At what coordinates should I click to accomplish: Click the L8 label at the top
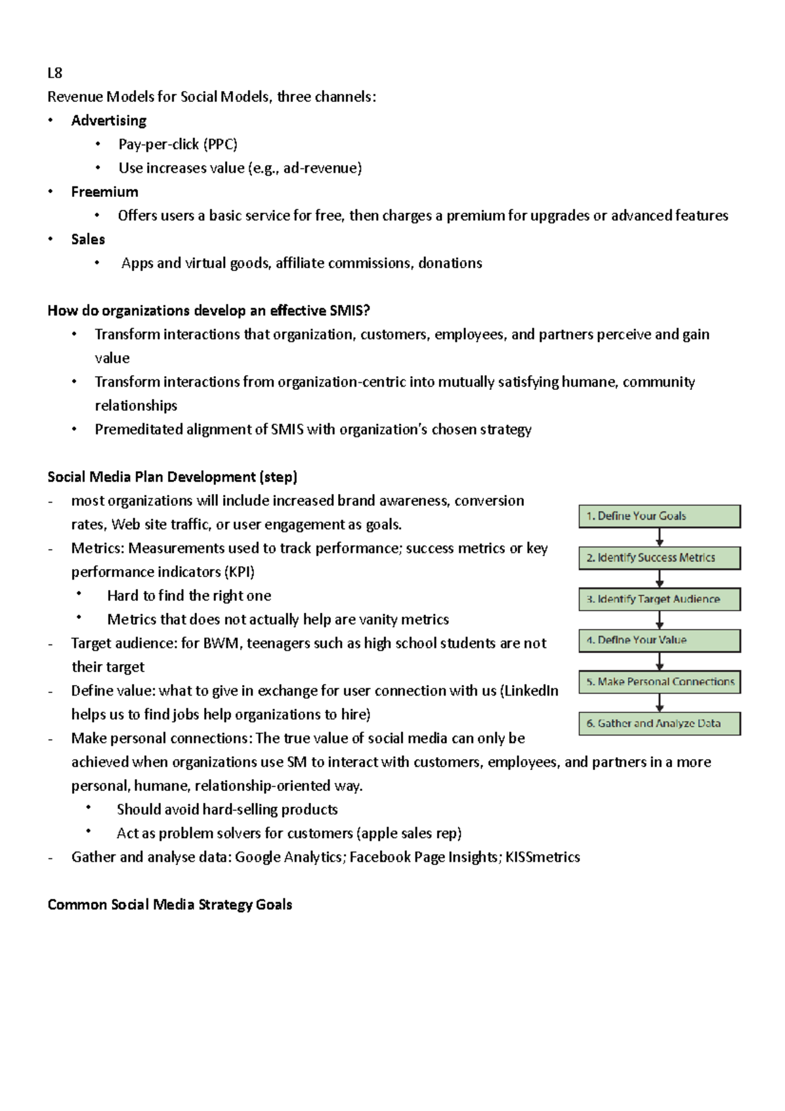tap(54, 73)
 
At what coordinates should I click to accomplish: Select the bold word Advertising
tap(109, 120)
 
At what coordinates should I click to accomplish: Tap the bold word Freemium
tap(105, 192)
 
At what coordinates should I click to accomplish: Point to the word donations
tap(450, 263)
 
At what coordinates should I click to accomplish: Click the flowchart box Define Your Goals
tap(659, 516)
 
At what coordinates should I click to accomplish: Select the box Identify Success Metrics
tap(659, 558)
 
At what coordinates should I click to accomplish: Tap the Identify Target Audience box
tap(659, 599)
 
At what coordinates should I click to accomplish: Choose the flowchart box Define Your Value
tap(659, 641)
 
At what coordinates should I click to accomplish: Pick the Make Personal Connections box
tap(659, 682)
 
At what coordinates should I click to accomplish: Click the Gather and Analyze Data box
tap(659, 724)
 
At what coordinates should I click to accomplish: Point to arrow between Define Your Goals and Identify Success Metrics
tap(659, 537)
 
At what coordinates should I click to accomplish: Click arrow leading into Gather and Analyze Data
tap(659, 703)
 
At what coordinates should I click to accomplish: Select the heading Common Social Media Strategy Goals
tap(169, 905)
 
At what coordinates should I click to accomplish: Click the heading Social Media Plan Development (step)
tap(172, 477)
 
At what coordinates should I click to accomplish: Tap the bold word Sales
tap(88, 239)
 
